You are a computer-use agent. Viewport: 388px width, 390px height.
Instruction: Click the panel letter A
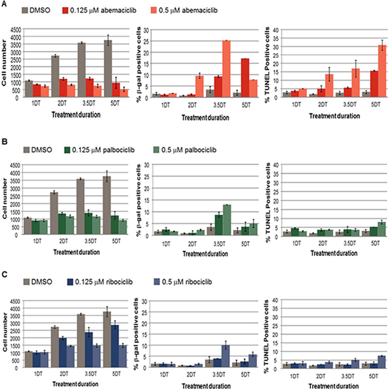(4, 4)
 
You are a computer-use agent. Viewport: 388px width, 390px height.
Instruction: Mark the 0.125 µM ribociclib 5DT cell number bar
(116, 346)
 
